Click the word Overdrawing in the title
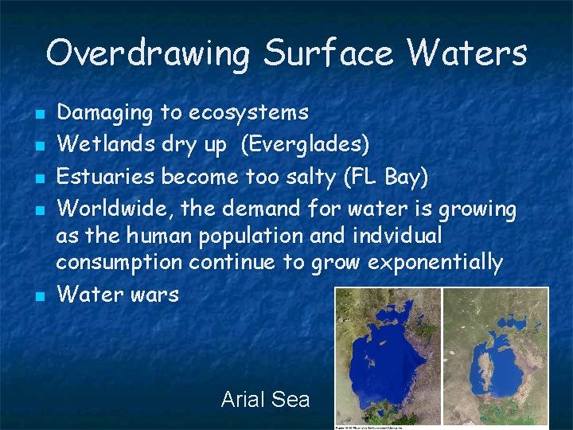point(148,54)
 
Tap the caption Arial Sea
point(265,399)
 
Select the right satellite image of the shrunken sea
point(494,356)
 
